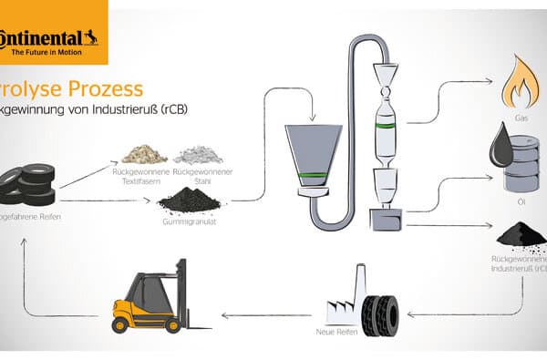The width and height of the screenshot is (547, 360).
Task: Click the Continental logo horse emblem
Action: (88, 38)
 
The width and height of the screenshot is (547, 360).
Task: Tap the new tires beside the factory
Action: (379, 307)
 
